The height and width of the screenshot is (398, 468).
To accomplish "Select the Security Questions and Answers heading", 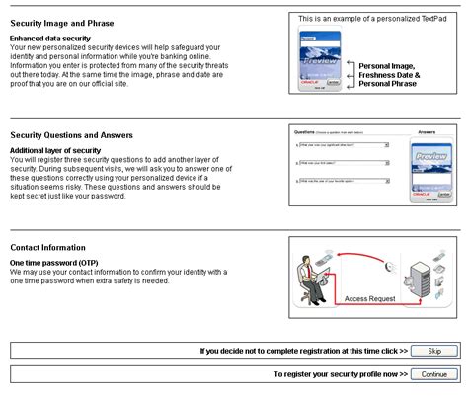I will (x=71, y=134).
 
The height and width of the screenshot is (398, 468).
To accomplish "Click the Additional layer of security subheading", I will (x=54, y=149).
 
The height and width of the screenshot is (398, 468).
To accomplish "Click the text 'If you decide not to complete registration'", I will (x=297, y=351).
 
